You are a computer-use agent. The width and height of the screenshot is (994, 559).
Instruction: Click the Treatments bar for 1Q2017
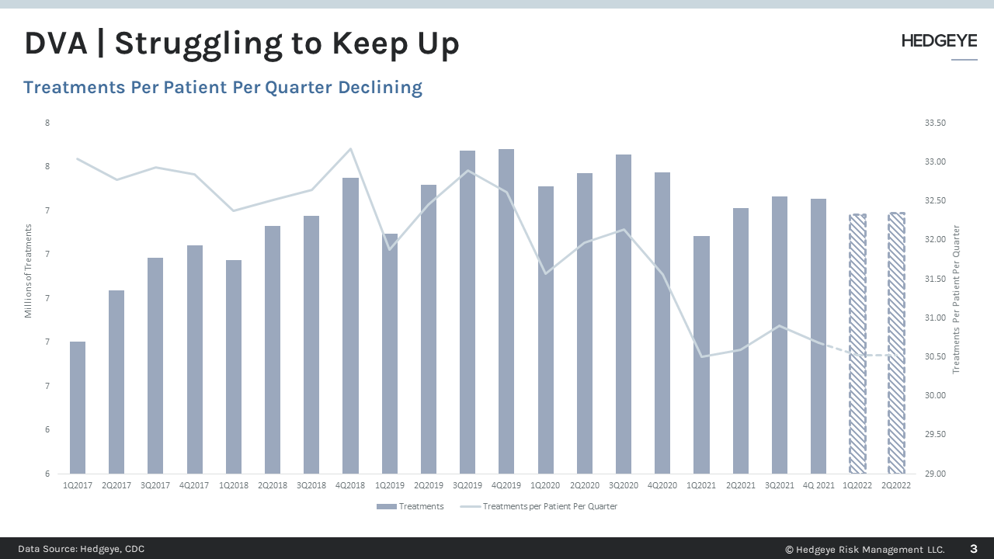click(78, 408)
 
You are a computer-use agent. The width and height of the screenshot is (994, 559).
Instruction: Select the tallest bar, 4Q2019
click(506, 311)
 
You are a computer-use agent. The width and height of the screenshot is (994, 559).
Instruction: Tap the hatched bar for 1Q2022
click(857, 343)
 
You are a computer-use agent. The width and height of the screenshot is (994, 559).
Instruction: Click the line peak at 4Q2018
click(350, 148)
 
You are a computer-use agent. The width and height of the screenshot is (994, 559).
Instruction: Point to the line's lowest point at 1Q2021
click(701, 357)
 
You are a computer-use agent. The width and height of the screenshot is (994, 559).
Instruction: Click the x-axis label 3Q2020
click(623, 484)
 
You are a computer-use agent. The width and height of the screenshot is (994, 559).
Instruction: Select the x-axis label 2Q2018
click(273, 484)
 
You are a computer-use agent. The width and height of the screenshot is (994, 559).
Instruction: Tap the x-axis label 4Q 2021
click(818, 484)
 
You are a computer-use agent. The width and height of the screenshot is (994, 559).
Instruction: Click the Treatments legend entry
click(411, 506)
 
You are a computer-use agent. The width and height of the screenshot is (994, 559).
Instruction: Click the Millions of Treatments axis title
click(29, 270)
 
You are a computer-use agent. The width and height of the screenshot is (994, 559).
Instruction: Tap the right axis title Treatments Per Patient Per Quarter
click(957, 300)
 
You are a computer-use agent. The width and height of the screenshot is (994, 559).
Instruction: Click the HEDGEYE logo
click(939, 42)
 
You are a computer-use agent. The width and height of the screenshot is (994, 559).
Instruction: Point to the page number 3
click(974, 549)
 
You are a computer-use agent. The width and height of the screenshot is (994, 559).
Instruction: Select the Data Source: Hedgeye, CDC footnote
click(82, 549)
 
